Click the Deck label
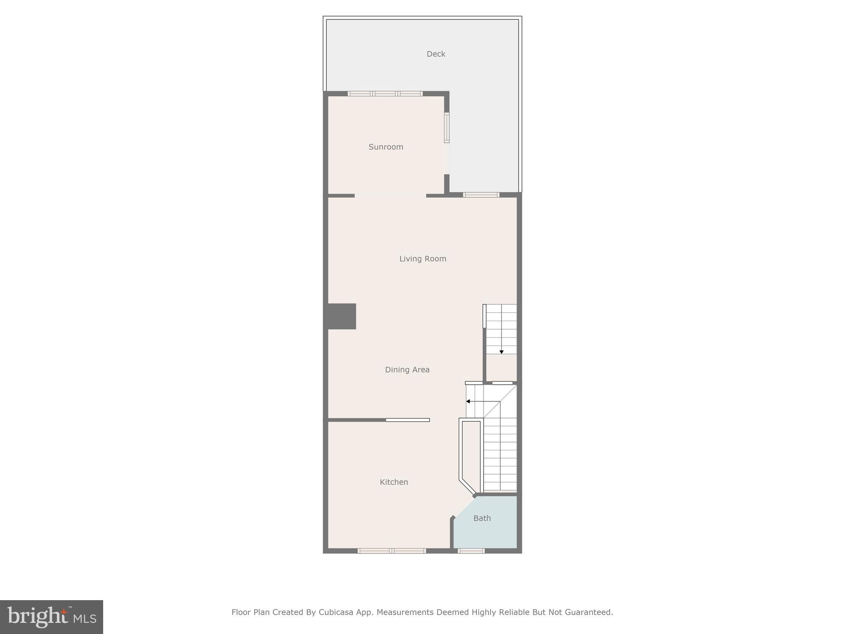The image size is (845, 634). [436, 54]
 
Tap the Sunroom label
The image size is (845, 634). [386, 147]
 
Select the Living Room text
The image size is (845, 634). [422, 259]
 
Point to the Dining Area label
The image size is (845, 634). [407, 370]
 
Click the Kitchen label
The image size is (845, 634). [394, 482]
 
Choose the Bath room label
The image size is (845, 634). [482, 518]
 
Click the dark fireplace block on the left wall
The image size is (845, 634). [342, 316]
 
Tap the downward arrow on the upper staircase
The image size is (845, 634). [501, 352]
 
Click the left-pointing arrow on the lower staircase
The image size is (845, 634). [468, 401]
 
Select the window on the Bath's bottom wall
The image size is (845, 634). [471, 551]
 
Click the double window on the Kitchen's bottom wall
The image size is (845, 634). [392, 551]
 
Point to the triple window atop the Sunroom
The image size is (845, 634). [385, 94]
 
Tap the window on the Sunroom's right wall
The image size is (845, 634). [446, 128]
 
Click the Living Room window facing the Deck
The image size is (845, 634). [481, 195]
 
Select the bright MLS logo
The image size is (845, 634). [52, 617]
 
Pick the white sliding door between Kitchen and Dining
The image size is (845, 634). [408, 420]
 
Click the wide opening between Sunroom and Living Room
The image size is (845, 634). [390, 195]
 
